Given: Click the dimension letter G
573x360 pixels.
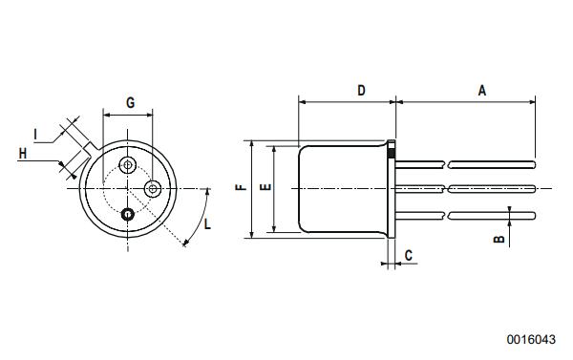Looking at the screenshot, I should (x=129, y=100).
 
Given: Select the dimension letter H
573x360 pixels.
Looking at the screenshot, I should (x=22, y=152).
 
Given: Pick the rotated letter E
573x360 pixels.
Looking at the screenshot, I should (x=265, y=187).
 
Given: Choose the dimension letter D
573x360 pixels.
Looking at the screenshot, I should (x=361, y=90).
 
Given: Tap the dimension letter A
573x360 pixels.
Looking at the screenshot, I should (x=482, y=90).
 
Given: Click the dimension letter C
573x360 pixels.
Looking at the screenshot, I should (x=409, y=255).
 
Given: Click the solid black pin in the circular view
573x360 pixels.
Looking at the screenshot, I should (x=127, y=214).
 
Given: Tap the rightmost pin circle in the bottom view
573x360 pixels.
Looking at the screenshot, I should (x=152, y=188).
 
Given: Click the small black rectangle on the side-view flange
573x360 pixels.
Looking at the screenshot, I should (x=392, y=150).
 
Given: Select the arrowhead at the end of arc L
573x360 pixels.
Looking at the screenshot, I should (x=184, y=244).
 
